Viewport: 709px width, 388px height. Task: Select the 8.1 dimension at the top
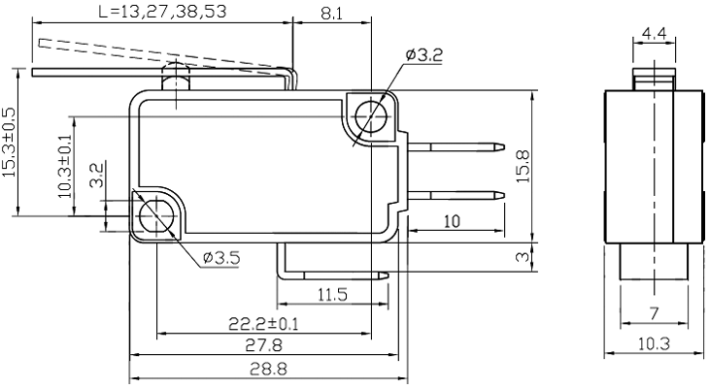click(x=330, y=14)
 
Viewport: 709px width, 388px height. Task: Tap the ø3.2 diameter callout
click(x=423, y=55)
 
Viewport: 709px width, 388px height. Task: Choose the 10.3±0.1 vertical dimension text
click(x=65, y=166)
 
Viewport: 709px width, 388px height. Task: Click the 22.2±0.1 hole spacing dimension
click(x=264, y=323)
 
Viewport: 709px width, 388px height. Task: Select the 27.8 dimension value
click(x=263, y=346)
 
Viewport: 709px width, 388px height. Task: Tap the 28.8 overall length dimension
click(x=263, y=370)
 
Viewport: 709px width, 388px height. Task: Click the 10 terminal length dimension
click(x=452, y=221)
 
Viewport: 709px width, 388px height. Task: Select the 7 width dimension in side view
click(x=654, y=313)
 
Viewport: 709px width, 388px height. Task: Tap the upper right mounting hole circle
click(x=370, y=117)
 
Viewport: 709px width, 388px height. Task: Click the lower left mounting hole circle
click(x=154, y=214)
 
